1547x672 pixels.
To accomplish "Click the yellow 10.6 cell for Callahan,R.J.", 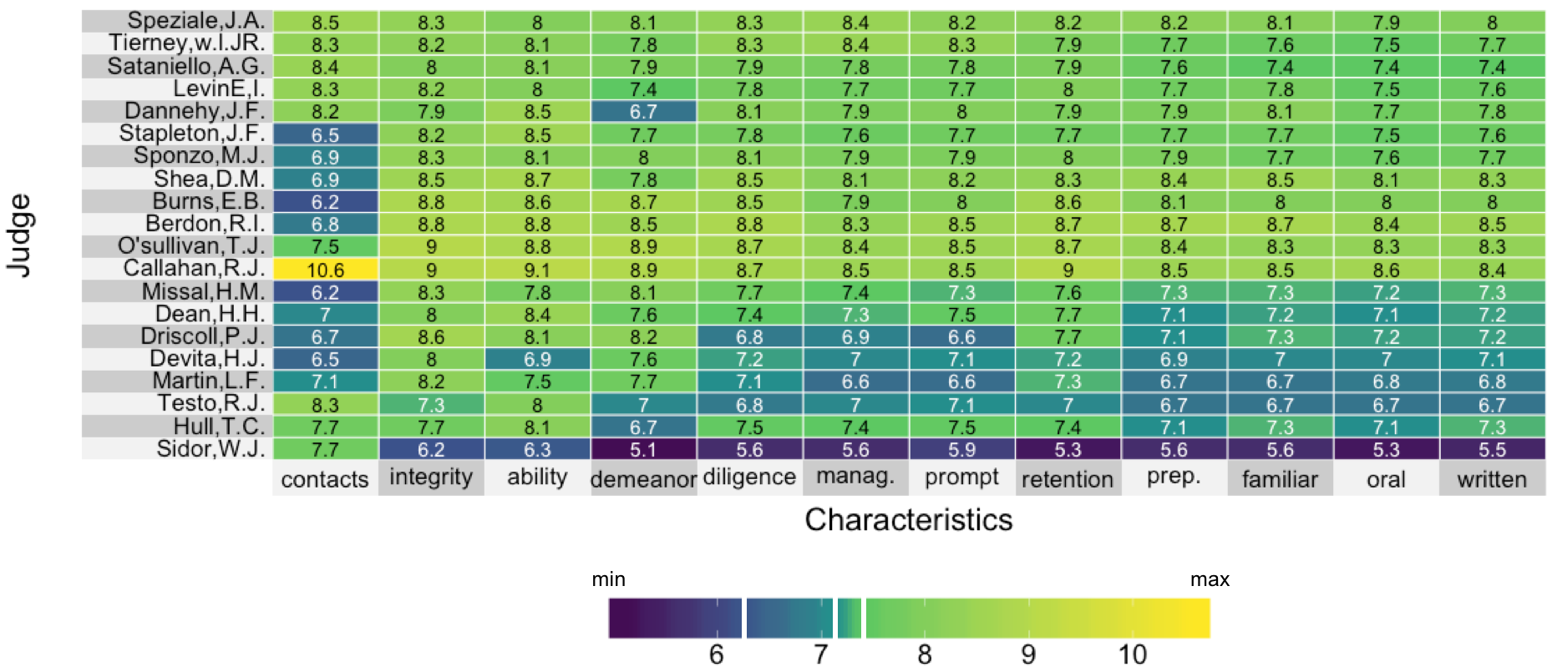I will point(325,270).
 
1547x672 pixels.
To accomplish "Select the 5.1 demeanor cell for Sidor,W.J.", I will point(643,449).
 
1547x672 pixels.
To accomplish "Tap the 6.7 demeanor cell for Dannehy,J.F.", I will point(643,112).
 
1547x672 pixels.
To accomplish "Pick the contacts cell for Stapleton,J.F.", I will point(325,134).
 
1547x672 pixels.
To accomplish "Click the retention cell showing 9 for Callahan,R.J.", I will point(1068,270).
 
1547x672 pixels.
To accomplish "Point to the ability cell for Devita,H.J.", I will point(537,359).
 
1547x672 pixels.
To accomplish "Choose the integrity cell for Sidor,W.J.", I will point(431,449).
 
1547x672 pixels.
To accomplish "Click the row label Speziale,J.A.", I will point(195,21).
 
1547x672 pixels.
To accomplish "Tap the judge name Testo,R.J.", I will point(211,404).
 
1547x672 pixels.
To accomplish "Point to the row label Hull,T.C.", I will point(219,427).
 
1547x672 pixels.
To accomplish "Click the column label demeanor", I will point(643,479).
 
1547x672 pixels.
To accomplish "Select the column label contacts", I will point(325,479).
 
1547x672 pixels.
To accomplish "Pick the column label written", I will point(1492,479).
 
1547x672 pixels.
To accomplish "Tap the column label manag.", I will point(855,477).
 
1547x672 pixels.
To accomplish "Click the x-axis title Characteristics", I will point(909,520).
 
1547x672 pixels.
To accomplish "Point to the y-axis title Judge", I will point(19,235).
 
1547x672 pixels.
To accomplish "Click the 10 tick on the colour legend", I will point(1133,654).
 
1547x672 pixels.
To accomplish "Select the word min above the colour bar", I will point(608,579).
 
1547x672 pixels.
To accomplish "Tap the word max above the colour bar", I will point(1210,579).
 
